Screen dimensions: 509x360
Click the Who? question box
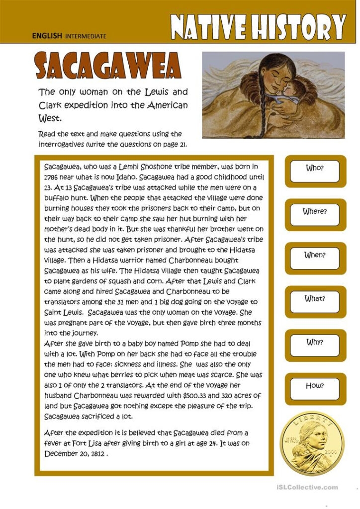315,169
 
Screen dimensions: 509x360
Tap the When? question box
315,255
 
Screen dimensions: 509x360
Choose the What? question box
315,299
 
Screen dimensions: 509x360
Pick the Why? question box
315,343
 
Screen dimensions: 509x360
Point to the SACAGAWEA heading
107,66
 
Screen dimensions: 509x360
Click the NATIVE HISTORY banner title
258,26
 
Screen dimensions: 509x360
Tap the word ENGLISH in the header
47,36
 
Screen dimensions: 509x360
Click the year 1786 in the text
52,177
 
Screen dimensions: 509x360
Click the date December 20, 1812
75,453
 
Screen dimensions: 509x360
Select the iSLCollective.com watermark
305,488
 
